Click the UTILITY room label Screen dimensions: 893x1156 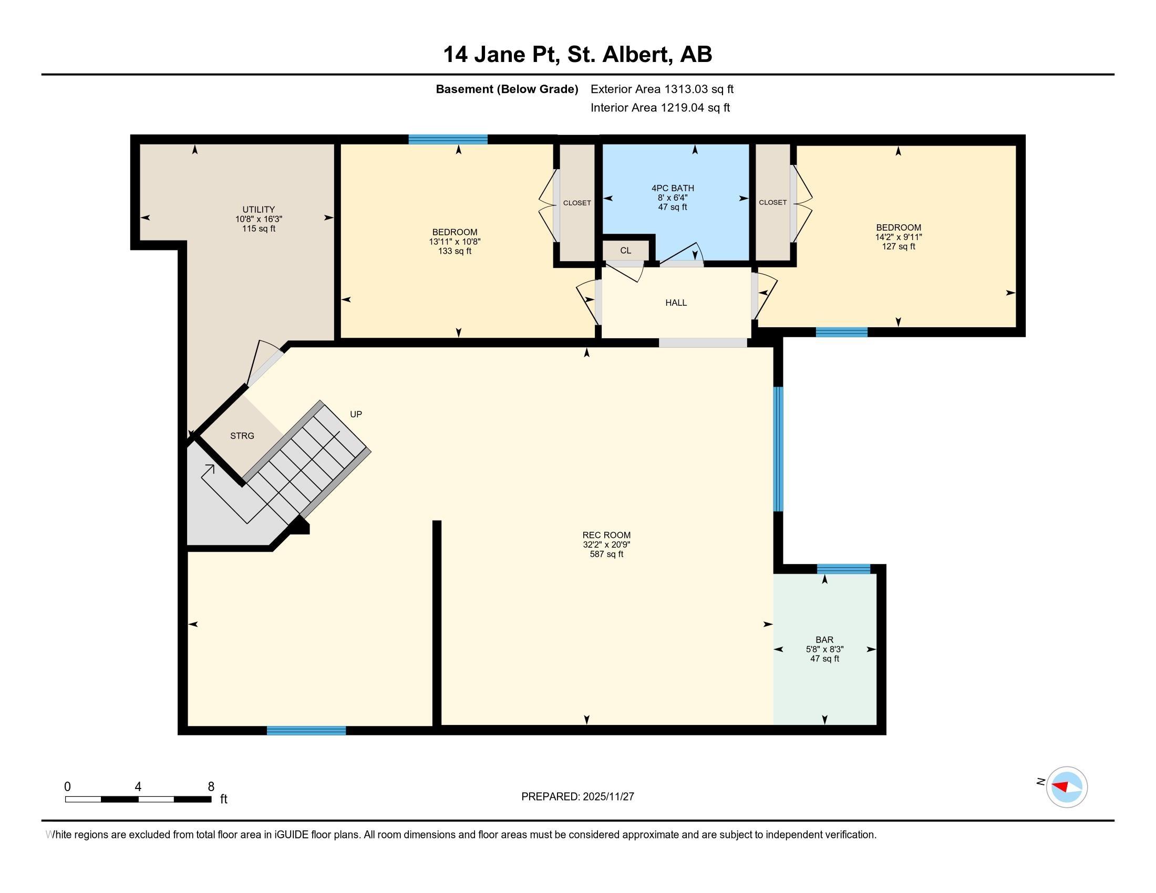259,209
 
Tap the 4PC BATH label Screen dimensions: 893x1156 672,188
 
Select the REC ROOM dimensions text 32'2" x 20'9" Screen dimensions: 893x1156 606,544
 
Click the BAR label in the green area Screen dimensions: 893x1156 824,640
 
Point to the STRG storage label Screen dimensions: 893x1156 242,436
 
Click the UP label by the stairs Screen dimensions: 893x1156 356,414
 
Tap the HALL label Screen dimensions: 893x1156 676,303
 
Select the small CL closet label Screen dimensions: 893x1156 626,250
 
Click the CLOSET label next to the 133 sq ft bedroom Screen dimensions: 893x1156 576,203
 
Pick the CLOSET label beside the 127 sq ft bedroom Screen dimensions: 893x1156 772,202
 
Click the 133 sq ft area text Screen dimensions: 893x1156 455,251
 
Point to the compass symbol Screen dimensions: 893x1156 1066,787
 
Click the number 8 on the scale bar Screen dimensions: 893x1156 211,786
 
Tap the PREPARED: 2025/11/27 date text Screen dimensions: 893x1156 577,796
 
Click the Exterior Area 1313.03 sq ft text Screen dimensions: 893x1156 662,89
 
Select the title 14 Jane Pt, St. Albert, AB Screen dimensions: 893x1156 577,54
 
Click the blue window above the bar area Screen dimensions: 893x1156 843,569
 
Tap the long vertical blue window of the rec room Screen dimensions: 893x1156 778,449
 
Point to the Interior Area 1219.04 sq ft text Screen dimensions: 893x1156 659,107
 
